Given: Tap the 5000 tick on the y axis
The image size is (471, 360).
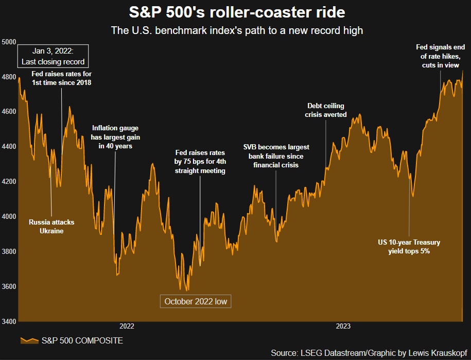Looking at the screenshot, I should tap(9, 42).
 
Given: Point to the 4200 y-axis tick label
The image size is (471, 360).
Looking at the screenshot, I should tap(9, 182).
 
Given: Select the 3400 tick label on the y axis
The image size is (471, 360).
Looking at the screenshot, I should tap(9, 321).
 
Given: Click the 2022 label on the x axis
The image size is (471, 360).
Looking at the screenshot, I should tap(127, 327).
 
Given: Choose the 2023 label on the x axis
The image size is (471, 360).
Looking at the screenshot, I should tap(343, 327).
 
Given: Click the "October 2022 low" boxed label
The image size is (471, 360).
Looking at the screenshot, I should tap(196, 301).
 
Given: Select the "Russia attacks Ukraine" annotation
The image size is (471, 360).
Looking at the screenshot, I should tap(51, 227).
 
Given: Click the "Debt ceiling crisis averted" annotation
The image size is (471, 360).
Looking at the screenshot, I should tap(326, 110).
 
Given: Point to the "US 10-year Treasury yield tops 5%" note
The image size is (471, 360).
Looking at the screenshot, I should tap(409, 247).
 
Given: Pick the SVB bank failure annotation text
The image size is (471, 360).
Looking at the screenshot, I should tap(276, 156).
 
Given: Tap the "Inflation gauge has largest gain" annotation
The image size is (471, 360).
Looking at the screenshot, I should tap(115, 136).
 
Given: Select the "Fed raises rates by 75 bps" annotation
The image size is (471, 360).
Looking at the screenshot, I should tap(201, 162).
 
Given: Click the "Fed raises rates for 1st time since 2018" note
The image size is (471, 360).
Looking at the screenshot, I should tap(62, 79).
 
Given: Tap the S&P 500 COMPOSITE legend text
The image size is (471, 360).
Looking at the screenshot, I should tap(82, 341).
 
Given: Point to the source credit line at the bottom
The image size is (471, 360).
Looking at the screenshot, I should tap(369, 352).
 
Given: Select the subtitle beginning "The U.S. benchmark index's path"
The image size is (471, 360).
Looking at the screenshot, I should tap(237, 30).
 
